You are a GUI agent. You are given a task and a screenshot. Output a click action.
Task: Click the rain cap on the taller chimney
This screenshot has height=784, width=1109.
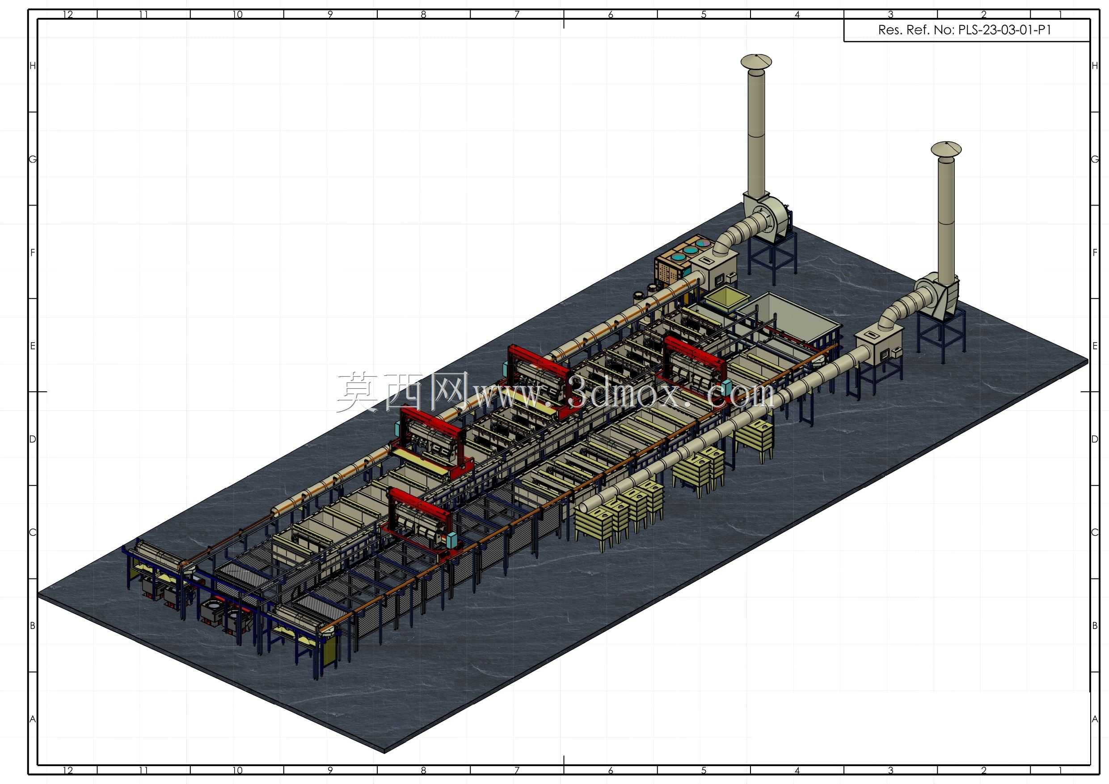coord(756,62)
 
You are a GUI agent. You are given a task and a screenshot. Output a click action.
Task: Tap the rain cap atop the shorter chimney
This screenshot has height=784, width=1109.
coord(946,149)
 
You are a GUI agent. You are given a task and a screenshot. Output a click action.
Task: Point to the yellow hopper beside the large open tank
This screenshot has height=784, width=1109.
coord(721,298)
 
